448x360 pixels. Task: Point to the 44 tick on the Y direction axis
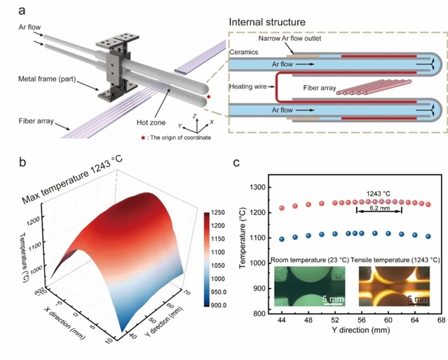point(281,321)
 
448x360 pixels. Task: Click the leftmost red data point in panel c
point(282,208)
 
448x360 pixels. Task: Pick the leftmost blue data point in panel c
point(282,239)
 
